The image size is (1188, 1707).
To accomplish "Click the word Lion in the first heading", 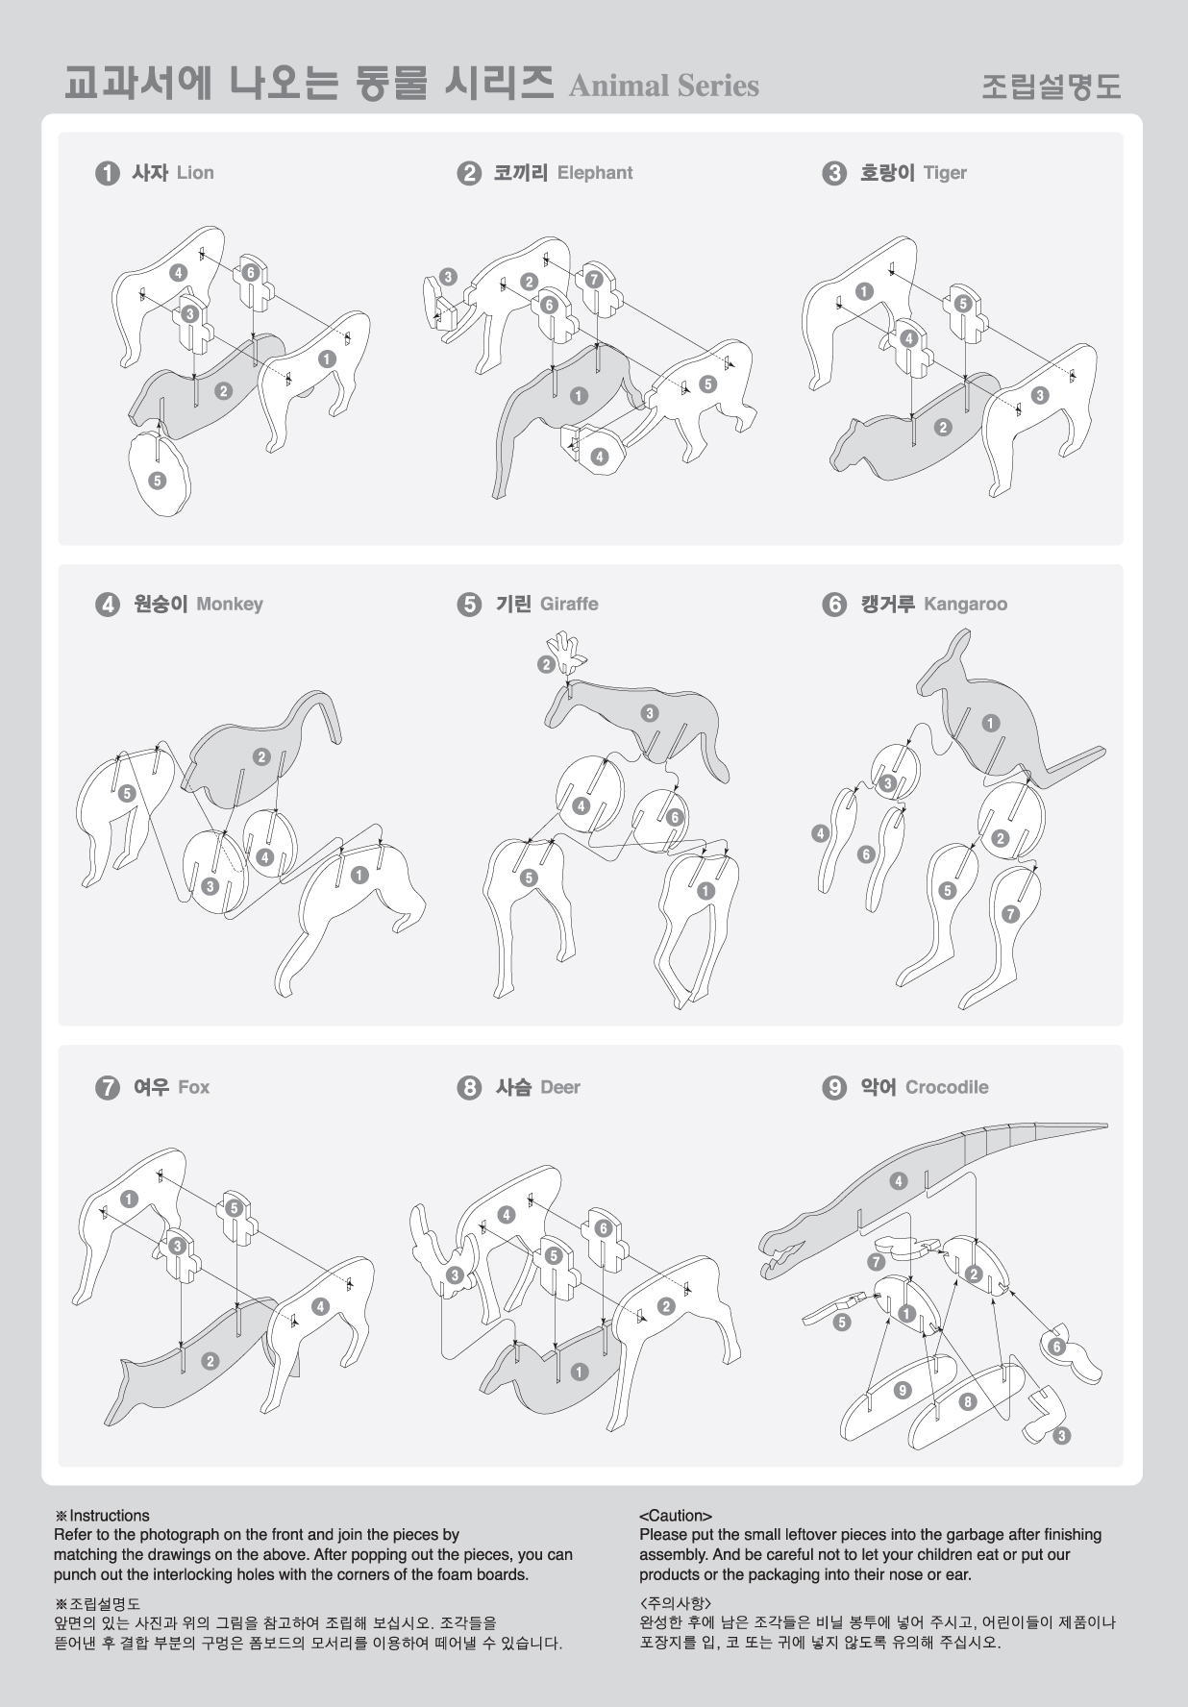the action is pos(195,173).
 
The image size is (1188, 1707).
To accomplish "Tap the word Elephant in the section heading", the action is pos(595,173).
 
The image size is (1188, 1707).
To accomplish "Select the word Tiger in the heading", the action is pos(945,173).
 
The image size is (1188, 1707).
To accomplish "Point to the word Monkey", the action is pos(230,605).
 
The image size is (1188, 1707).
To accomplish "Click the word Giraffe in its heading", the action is pos(569,605).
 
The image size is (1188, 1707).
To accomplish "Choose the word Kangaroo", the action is pos(965,605).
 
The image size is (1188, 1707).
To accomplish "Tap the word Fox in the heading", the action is pos(194,1087).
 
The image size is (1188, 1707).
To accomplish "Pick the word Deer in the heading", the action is pos(560,1087).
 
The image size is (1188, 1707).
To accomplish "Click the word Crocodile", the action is pos(947,1087).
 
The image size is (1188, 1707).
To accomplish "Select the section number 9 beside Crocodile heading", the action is pos(834,1087).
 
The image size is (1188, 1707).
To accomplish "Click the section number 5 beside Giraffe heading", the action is pos(469,605).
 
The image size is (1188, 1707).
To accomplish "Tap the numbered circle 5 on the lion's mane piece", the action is pos(157,480).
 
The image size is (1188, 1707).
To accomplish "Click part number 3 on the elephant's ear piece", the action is pos(448,277).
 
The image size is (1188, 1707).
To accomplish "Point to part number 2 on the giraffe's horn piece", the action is pos(546,664).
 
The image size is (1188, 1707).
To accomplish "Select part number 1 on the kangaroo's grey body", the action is pos(990,723).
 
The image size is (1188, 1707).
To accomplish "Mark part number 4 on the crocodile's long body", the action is pos(898,1181).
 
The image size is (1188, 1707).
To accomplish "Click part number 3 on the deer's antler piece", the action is pos(455,1275).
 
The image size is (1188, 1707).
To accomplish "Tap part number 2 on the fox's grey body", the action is pos(210,1361).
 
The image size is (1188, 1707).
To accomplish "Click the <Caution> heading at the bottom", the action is pos(676,1516).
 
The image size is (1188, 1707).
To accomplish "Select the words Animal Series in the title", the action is pos(664,87).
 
